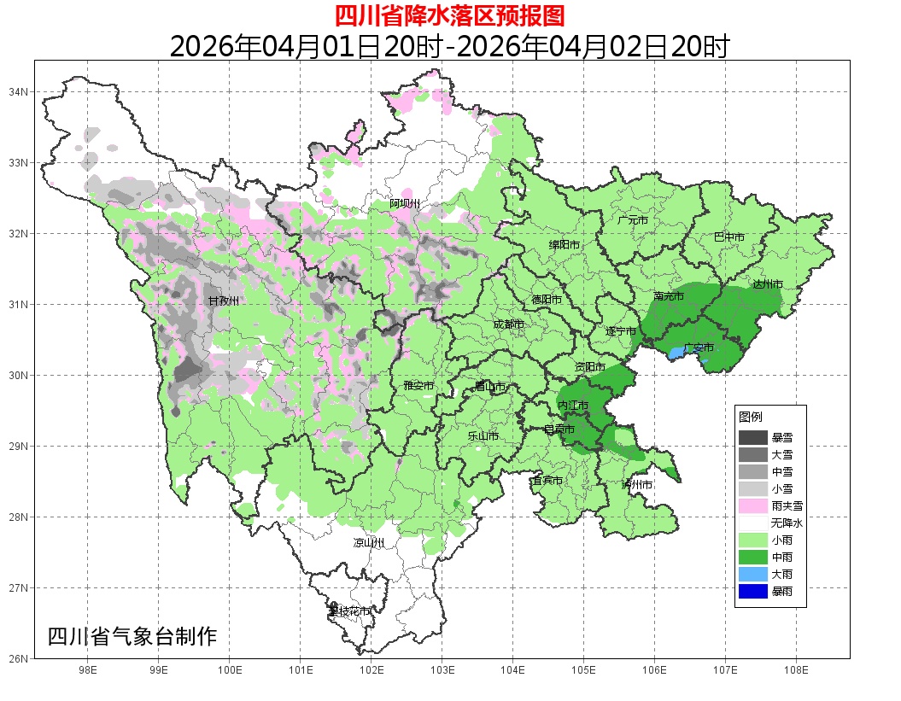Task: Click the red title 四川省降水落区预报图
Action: [449, 15]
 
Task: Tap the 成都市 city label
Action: [509, 324]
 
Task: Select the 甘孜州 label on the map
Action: [224, 301]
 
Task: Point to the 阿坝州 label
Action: [405, 203]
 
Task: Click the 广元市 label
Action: [633, 220]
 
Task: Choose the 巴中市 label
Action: [728, 237]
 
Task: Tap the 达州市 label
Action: [768, 284]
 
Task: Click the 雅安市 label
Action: [418, 386]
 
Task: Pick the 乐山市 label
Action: [483, 435]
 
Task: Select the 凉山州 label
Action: [369, 543]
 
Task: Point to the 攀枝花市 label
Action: [349, 611]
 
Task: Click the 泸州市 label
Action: [637, 484]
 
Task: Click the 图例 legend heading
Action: [751, 417]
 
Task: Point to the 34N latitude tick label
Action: [19, 91]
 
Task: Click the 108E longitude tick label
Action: [796, 670]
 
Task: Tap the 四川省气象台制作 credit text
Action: [132, 637]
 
